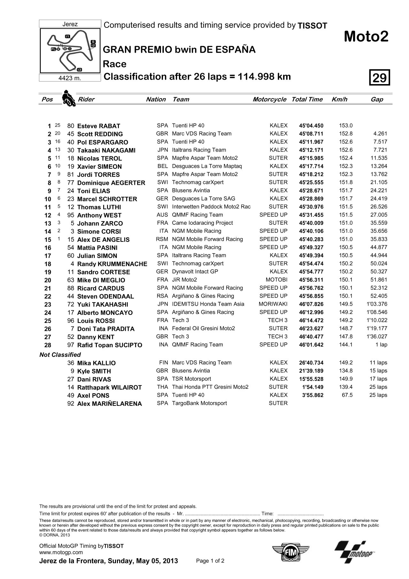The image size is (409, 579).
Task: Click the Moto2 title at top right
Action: point(366,37)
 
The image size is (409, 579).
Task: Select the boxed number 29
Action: point(380,77)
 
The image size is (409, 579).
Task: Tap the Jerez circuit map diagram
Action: point(70,51)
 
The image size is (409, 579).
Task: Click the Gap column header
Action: point(377,99)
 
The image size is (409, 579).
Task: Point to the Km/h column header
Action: point(339,99)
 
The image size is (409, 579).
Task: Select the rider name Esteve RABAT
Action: point(98,126)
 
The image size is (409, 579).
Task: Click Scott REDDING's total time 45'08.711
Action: point(311,134)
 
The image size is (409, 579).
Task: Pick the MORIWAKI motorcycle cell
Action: point(273,304)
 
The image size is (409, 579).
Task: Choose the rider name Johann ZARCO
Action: point(100,223)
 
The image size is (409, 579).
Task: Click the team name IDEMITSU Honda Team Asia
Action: point(208,304)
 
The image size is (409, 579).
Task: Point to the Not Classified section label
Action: point(60,355)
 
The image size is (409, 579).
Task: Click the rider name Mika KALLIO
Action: point(96,363)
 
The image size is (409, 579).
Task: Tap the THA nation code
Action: point(162,387)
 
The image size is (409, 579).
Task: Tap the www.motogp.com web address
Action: point(61,552)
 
